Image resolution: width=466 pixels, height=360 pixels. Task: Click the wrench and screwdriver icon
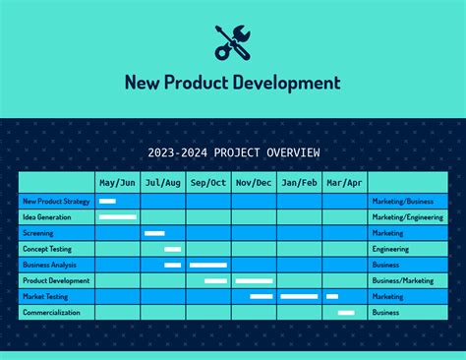tap(233, 40)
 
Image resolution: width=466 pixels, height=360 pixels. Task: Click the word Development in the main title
tap(286, 83)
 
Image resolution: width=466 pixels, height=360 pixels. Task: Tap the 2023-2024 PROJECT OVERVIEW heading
tap(233, 152)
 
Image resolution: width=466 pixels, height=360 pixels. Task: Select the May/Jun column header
tap(117, 183)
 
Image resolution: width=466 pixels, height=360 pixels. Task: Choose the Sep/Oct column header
tap(208, 183)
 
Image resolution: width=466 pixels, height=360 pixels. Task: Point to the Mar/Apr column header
tap(344, 183)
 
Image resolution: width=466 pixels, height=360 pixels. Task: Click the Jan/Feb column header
tap(299, 183)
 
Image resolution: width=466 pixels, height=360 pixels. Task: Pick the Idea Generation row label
tap(47, 217)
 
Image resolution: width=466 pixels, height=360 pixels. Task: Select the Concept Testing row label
tap(47, 249)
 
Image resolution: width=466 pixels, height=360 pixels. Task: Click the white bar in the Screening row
tap(154, 233)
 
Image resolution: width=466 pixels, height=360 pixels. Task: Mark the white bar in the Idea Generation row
tap(118, 217)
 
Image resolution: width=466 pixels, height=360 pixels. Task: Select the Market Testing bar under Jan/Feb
tap(299, 296)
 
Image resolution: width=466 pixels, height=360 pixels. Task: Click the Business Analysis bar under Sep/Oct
tap(207, 265)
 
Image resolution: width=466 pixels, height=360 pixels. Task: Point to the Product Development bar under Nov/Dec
tap(254, 280)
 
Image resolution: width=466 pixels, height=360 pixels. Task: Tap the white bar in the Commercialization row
tap(346, 313)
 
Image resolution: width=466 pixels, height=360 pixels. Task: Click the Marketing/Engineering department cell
tap(407, 217)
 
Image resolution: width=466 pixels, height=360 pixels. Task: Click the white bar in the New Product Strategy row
tap(107, 202)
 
